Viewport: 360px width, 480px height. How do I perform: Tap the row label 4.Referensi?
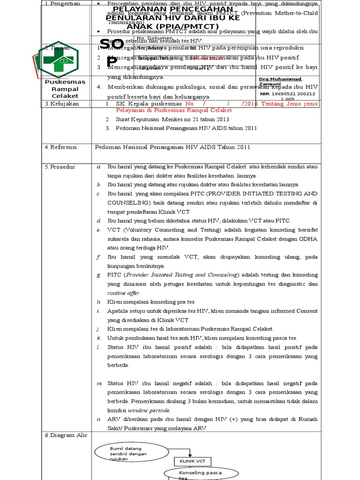point(62,147)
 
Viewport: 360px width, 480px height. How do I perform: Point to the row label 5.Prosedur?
point(61,167)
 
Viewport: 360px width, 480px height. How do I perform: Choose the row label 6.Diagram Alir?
point(66,435)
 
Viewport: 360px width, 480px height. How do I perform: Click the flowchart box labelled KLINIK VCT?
point(189,461)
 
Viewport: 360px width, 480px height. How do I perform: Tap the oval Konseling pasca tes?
point(195,475)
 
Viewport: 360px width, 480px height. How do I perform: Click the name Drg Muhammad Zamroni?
point(280,81)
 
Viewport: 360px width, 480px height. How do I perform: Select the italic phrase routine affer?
point(124,293)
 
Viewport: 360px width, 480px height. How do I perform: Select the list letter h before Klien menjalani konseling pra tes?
point(99,301)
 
